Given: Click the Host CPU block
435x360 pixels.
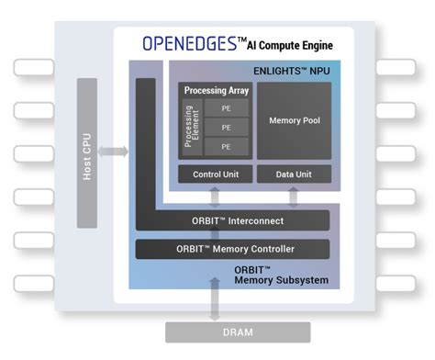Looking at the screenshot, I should tap(87, 152).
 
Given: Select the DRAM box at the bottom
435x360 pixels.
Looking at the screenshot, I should tap(217, 332).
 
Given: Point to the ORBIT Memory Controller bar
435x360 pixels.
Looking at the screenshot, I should tap(232, 249).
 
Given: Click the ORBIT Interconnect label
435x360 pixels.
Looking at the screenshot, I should tap(232, 221).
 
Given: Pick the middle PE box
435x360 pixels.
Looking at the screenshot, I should tap(225, 128).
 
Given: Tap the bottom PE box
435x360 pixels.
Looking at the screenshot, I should tap(225, 146).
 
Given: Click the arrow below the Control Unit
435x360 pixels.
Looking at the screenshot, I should tap(215, 197).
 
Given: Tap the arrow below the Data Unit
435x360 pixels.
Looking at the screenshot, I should tap(293, 197).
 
